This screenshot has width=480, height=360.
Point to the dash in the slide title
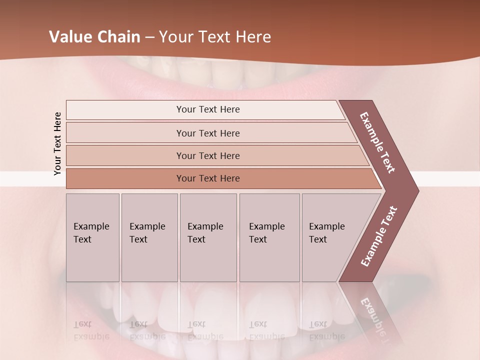149,37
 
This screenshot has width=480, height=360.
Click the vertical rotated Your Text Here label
57,143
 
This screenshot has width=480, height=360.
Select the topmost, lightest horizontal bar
207,109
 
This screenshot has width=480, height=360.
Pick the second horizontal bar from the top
207,133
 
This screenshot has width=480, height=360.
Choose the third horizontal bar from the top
207,155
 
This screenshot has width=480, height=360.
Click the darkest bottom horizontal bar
207,178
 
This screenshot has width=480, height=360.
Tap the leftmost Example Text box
92,237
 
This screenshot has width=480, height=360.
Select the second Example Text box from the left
149,237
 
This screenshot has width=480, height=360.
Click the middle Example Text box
208,237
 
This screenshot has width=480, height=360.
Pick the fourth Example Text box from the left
269,237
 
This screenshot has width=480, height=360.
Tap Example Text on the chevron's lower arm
379,236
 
